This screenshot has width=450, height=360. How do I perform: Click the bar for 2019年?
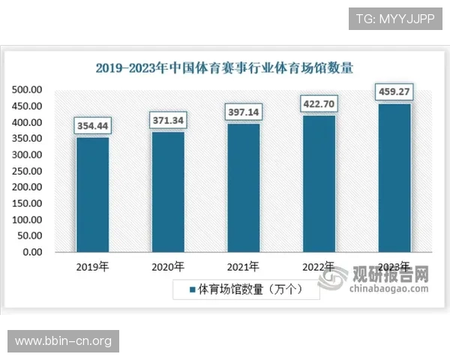pos(92,194)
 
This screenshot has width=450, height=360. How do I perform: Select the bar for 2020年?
pos(168,191)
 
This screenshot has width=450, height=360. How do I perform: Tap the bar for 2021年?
pos(244,187)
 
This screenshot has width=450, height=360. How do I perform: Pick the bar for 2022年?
pos(319,183)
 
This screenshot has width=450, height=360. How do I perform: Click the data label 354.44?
pos(92,124)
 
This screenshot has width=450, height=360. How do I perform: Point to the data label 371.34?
pos(168,119)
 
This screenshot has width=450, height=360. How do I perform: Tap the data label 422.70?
pos(319,103)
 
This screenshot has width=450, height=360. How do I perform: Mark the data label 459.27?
pos(394,93)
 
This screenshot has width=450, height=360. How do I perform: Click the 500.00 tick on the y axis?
pos(26,90)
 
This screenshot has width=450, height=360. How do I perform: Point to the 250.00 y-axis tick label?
pos(26,171)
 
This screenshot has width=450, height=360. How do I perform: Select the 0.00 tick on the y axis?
pos(31,252)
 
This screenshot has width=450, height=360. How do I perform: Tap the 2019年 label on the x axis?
pos(92,267)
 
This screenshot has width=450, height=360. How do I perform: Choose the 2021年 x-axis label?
pos(244,267)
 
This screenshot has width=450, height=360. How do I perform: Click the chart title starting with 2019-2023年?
pos(224,67)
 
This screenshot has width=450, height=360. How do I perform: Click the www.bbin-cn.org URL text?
pos(63,341)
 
